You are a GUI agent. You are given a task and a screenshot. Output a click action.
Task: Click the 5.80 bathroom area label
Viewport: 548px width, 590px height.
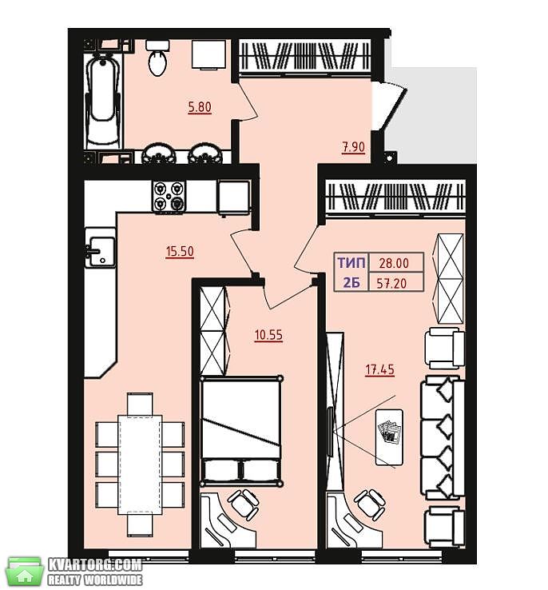click(x=200, y=107)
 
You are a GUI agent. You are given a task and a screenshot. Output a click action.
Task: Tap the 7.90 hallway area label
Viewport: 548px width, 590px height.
click(x=353, y=147)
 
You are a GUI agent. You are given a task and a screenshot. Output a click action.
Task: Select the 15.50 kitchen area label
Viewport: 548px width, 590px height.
click(x=180, y=251)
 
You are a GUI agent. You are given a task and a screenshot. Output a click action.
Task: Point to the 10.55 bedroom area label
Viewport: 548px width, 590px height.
click(x=268, y=335)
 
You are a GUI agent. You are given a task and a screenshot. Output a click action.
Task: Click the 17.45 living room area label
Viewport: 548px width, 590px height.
click(x=380, y=369)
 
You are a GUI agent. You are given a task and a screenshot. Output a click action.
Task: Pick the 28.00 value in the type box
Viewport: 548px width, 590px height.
click(x=394, y=263)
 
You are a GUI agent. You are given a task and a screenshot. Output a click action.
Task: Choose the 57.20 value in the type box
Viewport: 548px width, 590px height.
click(x=391, y=283)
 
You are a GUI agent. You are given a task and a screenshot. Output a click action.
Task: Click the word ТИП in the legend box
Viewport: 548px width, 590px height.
click(x=351, y=263)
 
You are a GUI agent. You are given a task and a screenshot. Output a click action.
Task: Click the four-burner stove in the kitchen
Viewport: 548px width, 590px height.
click(x=169, y=197)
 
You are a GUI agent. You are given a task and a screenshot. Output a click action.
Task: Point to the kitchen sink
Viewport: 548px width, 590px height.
click(x=101, y=251)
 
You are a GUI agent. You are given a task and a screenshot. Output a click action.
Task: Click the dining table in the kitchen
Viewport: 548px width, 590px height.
click(x=140, y=464)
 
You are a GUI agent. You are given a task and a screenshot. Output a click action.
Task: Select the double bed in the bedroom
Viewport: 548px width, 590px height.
click(x=241, y=431)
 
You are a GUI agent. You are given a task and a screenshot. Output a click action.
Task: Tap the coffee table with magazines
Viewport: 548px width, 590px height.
click(x=389, y=437)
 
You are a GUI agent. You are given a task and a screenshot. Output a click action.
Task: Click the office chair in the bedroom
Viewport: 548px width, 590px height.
click(x=243, y=504)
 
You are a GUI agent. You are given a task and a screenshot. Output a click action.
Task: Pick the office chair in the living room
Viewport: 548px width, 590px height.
click(x=370, y=504)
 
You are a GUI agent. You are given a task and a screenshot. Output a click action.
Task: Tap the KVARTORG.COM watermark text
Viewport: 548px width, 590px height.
click(x=95, y=564)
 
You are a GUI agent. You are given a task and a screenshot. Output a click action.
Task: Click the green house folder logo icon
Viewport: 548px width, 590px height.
click(x=25, y=572)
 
